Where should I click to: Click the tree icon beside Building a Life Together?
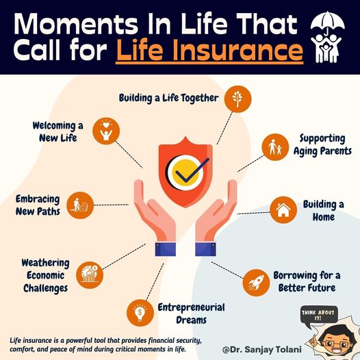click(x=237, y=99)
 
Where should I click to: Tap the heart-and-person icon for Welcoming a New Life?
click(x=106, y=131)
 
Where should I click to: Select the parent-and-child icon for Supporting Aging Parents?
click(x=275, y=147)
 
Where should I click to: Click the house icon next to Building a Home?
click(x=283, y=210)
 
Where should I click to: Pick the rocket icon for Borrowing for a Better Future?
click(x=256, y=283)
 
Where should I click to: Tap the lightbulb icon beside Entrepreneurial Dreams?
click(x=140, y=313)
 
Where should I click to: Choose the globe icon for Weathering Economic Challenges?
click(x=90, y=275)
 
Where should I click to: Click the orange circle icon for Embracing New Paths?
click(x=80, y=205)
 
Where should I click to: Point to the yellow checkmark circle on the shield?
click(x=185, y=172)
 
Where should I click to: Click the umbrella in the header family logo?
click(x=328, y=22)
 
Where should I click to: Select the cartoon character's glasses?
click(x=336, y=344)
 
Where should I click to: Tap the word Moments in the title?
click(x=76, y=24)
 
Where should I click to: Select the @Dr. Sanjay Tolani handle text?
click(x=261, y=350)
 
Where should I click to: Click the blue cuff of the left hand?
click(x=166, y=249)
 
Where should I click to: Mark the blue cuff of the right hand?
click(x=205, y=249)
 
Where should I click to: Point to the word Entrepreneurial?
click(x=191, y=307)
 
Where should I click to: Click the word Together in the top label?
click(x=200, y=99)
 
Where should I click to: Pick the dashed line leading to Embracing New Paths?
click(x=112, y=205)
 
